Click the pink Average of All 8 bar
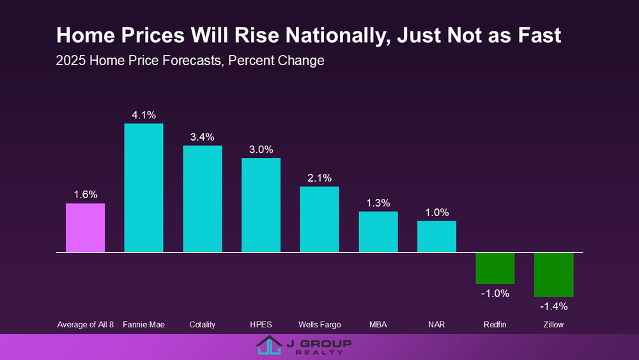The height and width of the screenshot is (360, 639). (x=85, y=228)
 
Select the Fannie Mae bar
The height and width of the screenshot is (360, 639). (x=144, y=188)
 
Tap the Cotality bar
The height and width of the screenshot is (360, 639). (x=203, y=199)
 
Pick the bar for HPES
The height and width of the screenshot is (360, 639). (x=261, y=205)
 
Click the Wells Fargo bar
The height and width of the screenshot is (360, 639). (x=319, y=219)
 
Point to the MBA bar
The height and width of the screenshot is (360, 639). (x=378, y=232)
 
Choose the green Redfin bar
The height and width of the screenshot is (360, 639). (x=495, y=268)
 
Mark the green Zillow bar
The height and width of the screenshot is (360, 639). (x=554, y=274)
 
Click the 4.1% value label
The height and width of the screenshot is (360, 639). (x=144, y=116)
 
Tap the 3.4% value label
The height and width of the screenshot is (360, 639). (x=203, y=137)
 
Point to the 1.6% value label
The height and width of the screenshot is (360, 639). (x=85, y=195)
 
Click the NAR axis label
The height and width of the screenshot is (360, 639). (x=436, y=325)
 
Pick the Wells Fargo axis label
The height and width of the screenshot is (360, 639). (x=319, y=325)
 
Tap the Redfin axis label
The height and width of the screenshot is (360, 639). (x=495, y=325)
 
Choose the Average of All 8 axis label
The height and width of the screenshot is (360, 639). (x=85, y=325)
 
